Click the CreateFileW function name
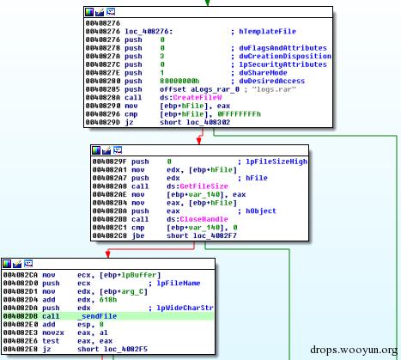click(197, 97)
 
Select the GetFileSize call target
click(204, 186)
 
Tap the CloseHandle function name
click(204, 219)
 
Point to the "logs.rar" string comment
click(274, 89)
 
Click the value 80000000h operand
click(179, 81)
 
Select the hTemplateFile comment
click(267, 31)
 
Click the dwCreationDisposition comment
click(285, 56)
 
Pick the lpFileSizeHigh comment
click(276, 162)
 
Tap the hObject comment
click(261, 211)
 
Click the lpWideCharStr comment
click(185, 308)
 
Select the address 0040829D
click(103, 122)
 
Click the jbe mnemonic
click(138, 235)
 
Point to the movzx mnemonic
click(53, 333)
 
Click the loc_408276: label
click(149, 31)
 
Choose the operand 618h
click(108, 300)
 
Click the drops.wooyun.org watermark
click(354, 350)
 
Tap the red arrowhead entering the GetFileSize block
click(199, 141)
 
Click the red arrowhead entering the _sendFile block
click(108, 254)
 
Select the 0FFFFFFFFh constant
click(240, 114)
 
